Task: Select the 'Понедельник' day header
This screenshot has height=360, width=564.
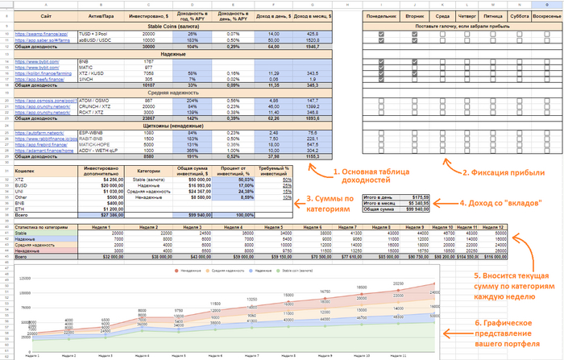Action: tap(380, 16)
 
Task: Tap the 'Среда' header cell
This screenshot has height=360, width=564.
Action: tap(444, 16)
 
